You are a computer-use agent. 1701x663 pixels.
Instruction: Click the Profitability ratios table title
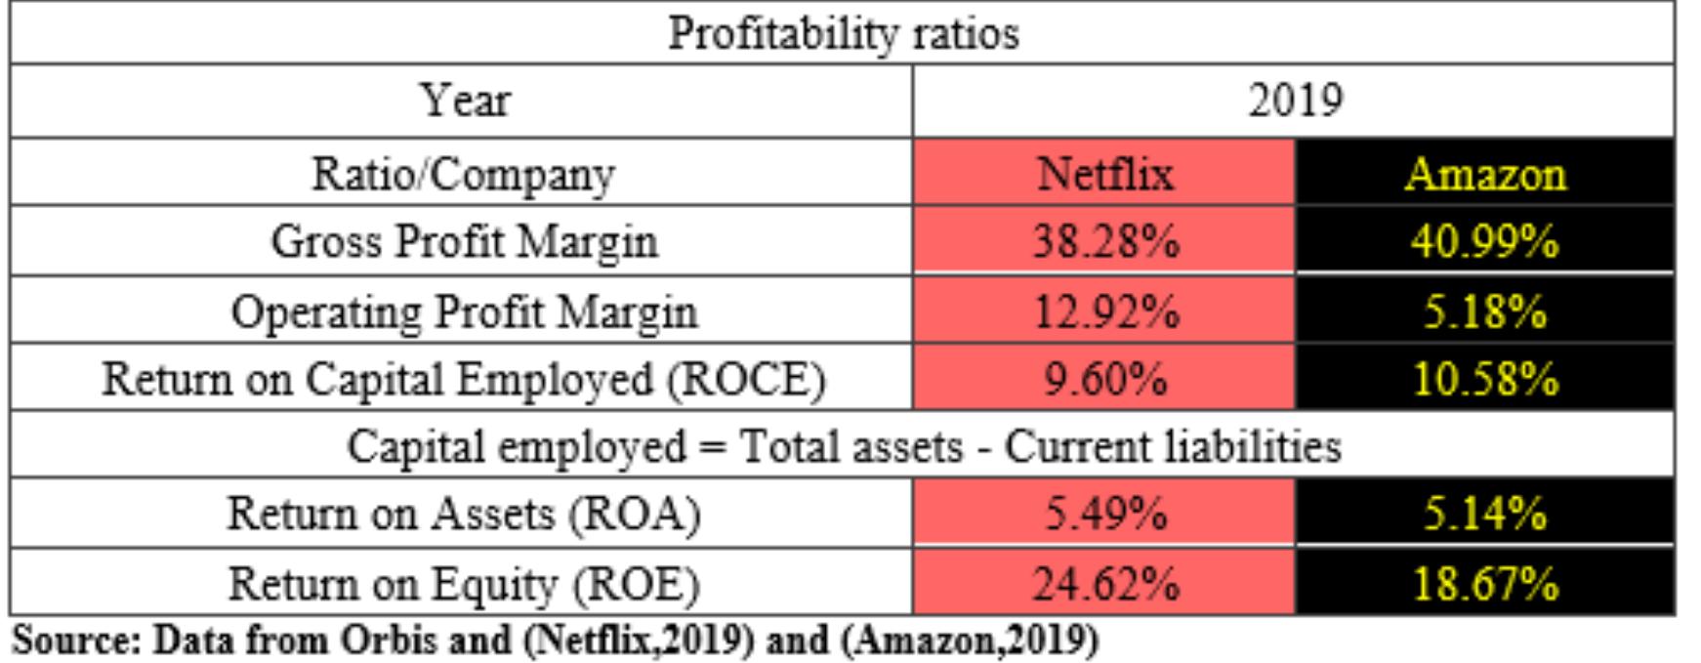[x=843, y=34]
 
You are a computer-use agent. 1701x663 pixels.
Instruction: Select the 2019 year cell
[x=1294, y=101]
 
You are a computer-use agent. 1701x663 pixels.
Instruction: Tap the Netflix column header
[x=1104, y=174]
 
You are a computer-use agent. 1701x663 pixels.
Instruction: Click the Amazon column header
[x=1484, y=174]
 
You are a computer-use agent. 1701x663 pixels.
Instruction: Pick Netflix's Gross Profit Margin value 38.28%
[x=1104, y=241]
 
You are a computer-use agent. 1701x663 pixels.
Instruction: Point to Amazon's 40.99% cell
[x=1484, y=241]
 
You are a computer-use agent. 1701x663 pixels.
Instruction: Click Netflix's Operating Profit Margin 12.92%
[x=1104, y=311]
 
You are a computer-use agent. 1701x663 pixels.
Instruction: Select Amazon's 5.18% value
[x=1484, y=311]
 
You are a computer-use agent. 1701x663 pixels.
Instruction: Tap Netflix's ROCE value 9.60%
[x=1104, y=378]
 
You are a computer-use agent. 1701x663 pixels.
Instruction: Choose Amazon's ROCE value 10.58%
[x=1484, y=378]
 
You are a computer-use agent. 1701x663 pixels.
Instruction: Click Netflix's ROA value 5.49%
[x=1104, y=513]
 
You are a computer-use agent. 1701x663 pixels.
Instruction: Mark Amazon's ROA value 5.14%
[x=1484, y=513]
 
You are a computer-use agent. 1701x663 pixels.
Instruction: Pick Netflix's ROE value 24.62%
[x=1104, y=583]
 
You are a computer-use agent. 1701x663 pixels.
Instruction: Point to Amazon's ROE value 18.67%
[x=1484, y=583]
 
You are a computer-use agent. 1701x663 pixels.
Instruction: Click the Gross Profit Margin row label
[x=464, y=241]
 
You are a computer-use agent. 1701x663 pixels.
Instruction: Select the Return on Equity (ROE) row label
[x=464, y=583]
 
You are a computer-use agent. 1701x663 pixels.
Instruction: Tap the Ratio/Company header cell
[x=464, y=174]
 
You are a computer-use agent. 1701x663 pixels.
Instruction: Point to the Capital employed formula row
[x=843, y=446]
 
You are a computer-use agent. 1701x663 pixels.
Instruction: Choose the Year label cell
[x=464, y=101]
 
